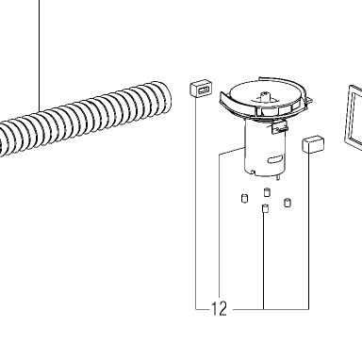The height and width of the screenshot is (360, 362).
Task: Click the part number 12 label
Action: tap(219, 309)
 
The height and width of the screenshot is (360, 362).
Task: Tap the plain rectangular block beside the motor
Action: tap(313, 144)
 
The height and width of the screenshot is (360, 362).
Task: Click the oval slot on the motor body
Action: tap(275, 159)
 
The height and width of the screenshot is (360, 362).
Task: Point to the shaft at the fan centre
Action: tap(266, 96)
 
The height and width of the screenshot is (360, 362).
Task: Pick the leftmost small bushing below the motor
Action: tap(244, 198)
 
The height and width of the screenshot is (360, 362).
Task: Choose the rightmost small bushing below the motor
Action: tap(288, 203)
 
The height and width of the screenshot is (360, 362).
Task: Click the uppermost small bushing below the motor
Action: tap(267, 191)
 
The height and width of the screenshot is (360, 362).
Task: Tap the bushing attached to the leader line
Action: tap(265, 208)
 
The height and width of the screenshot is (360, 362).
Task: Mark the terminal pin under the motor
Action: tap(278, 178)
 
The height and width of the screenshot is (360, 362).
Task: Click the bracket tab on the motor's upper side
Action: tap(279, 128)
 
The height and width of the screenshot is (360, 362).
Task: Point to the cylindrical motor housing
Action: tap(265, 149)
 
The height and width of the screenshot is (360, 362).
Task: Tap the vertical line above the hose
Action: tap(40, 56)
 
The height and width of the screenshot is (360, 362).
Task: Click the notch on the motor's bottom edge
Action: tap(254, 172)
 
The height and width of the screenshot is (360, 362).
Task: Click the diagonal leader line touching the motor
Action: tap(231, 151)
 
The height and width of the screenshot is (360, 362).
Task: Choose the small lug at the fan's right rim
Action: tap(309, 101)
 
